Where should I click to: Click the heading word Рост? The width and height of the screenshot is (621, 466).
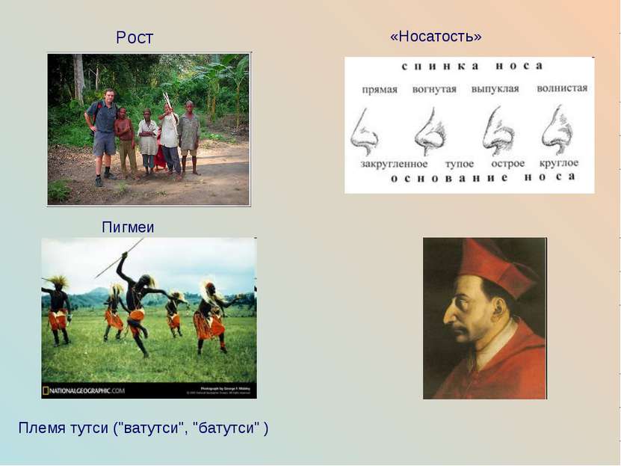point(135,37)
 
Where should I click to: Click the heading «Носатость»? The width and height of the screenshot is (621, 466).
point(436,36)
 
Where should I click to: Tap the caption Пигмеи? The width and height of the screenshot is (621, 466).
point(128,227)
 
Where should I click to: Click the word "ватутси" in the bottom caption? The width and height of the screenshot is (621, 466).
point(158,428)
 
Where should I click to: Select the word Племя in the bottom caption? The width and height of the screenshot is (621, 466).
point(40,428)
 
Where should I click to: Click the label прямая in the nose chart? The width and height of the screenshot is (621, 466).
point(379,88)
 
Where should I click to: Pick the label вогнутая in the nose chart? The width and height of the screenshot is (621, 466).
point(434,88)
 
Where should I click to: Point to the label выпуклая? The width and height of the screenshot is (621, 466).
point(495,88)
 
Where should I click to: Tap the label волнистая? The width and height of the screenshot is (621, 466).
point(562,88)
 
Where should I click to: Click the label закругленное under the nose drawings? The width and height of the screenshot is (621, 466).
point(394,163)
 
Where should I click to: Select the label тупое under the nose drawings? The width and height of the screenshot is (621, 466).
point(459,163)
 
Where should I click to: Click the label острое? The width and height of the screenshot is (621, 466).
point(508,163)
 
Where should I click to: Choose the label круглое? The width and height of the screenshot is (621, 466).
point(559,163)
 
